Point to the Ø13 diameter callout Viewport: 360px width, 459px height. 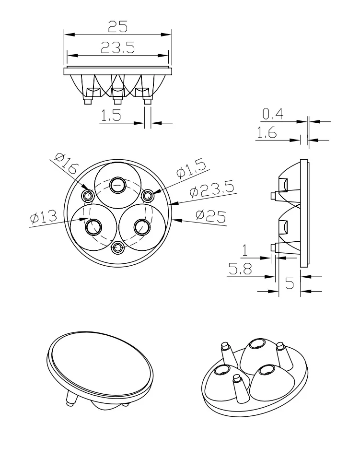click(43, 217)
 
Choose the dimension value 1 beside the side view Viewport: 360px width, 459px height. click(244, 250)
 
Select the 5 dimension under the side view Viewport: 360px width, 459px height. click(289, 283)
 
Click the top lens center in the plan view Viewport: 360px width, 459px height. click(117, 184)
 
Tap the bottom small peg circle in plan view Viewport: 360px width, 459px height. click(117, 247)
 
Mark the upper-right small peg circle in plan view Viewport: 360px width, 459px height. click(149, 195)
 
